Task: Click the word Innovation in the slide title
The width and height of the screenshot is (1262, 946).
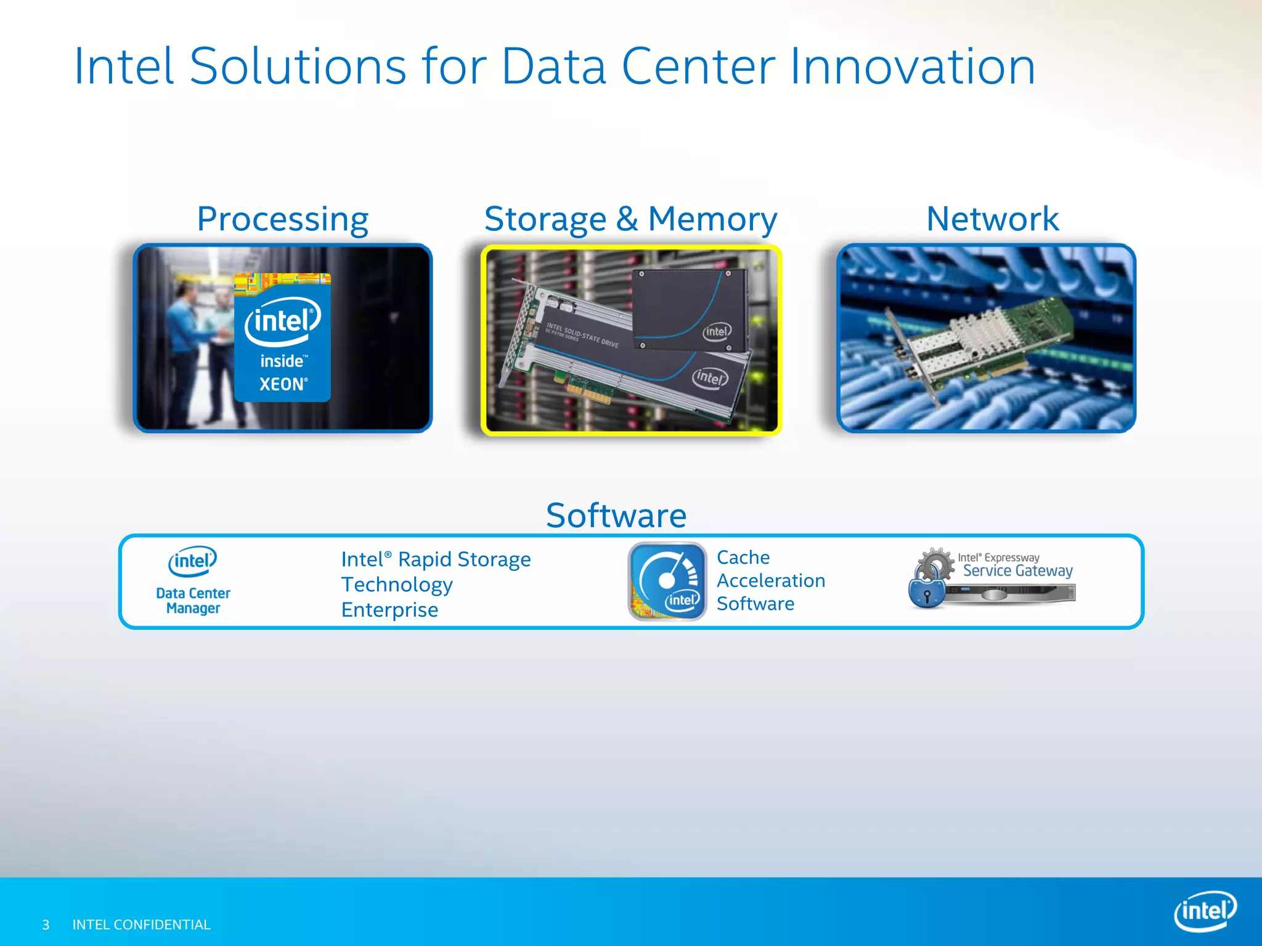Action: [912, 67]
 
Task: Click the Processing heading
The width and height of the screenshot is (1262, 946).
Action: [282, 220]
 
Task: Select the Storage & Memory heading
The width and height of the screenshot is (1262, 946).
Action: [630, 220]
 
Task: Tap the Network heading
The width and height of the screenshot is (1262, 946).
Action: [992, 219]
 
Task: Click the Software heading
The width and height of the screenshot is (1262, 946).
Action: [616, 515]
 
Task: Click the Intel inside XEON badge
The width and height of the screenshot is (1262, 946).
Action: [283, 338]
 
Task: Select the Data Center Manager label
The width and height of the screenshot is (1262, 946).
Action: [193, 600]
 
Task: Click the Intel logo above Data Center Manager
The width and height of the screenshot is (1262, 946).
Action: [193, 561]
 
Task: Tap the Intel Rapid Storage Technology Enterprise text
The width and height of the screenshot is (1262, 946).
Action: [435, 584]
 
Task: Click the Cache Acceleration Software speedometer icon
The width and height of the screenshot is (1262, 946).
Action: [667, 581]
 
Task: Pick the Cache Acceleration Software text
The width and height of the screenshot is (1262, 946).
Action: [770, 581]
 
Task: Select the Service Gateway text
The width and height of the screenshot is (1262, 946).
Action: [1017, 571]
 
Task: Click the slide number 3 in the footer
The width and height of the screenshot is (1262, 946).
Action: [46, 924]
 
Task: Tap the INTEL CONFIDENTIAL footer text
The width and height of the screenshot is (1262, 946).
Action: [142, 924]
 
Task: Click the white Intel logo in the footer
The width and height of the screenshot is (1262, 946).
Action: [1205, 911]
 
